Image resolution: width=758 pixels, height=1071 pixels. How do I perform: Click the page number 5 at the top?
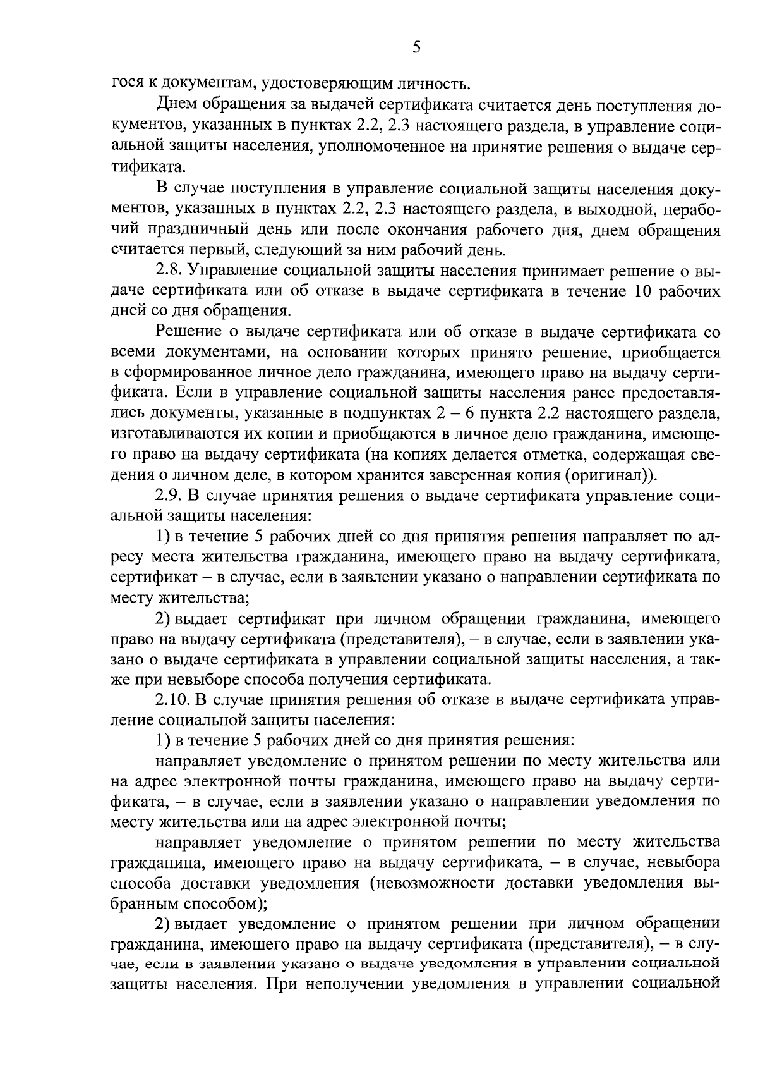coord(416,47)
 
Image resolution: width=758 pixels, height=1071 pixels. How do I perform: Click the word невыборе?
coord(215,680)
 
